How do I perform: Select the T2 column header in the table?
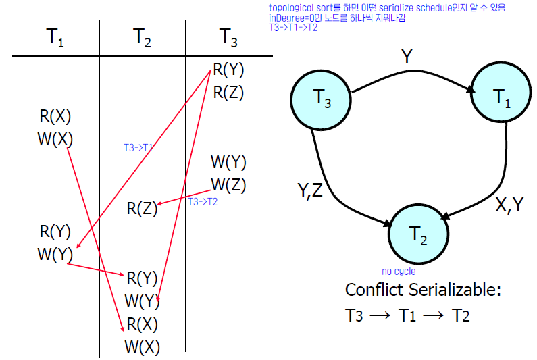[142, 38]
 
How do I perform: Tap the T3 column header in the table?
[228, 38]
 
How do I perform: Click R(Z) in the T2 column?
[142, 209]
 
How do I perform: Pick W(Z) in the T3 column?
[228, 184]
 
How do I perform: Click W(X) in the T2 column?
[142, 347]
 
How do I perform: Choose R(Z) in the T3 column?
[228, 93]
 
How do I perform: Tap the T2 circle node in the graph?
[418, 234]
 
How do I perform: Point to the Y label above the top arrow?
[407, 57]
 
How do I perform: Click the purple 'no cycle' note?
[399, 272]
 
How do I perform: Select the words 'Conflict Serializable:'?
[423, 290]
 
